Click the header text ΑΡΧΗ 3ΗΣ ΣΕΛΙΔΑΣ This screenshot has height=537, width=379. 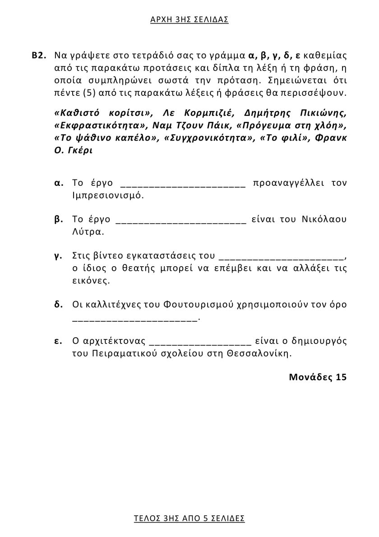[x=189, y=19]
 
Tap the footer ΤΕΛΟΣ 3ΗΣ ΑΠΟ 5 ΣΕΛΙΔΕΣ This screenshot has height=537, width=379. [x=189, y=518]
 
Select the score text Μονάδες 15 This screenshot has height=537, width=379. [x=318, y=377]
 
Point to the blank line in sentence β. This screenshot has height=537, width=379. [x=180, y=221]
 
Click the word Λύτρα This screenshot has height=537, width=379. [x=88, y=232]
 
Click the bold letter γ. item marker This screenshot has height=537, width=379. [x=58, y=256]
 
